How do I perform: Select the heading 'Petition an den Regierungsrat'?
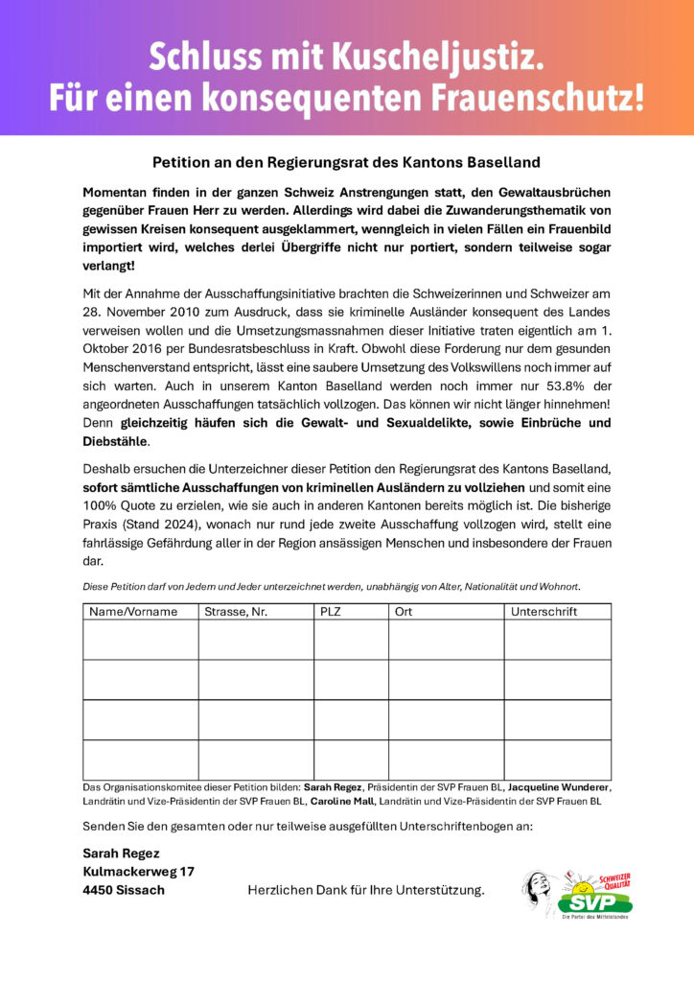click(x=346, y=162)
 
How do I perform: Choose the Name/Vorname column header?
click(x=133, y=612)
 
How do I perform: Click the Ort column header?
click(x=404, y=612)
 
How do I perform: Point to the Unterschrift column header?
click(x=545, y=612)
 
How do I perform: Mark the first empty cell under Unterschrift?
click(x=557, y=640)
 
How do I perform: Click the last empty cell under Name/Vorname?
click(x=141, y=760)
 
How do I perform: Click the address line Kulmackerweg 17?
click(x=139, y=872)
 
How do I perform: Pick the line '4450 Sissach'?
click(x=124, y=890)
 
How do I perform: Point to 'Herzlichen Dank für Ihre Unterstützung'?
click(x=365, y=891)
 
